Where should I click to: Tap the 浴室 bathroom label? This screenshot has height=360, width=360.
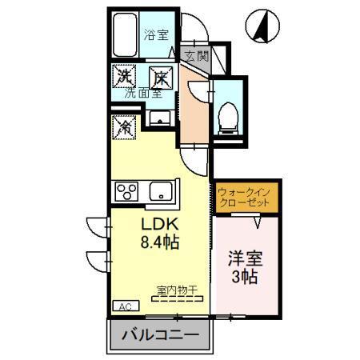click(x=156, y=34)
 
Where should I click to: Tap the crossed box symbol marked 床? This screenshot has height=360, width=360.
click(x=160, y=77)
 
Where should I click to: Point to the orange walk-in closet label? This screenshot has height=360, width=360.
click(x=244, y=197)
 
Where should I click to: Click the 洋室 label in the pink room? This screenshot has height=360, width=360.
click(x=247, y=261)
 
